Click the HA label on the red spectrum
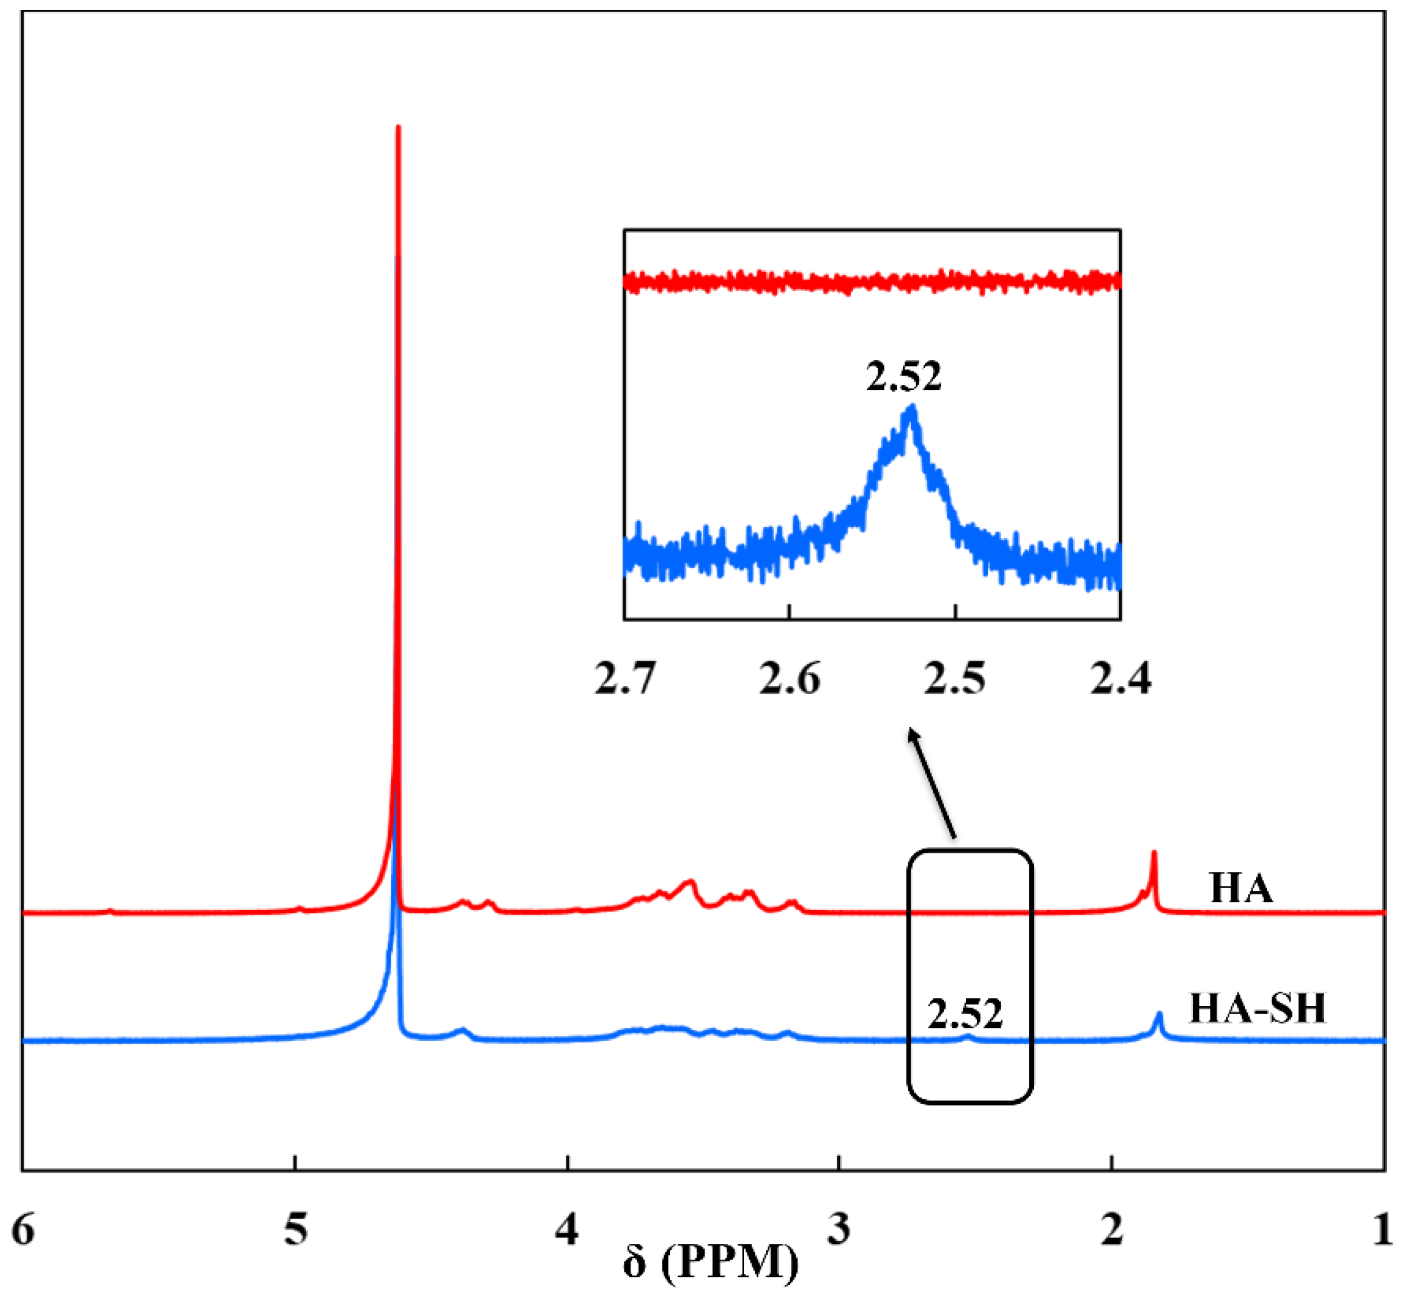pos(1241,889)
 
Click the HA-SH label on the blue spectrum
pos(1258,1010)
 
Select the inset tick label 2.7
pos(625,679)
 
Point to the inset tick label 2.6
pos(790,679)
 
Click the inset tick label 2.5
pos(955,679)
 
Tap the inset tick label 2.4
pos(1121,679)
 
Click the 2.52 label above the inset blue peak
pos(903,377)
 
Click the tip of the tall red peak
pos(399,128)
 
